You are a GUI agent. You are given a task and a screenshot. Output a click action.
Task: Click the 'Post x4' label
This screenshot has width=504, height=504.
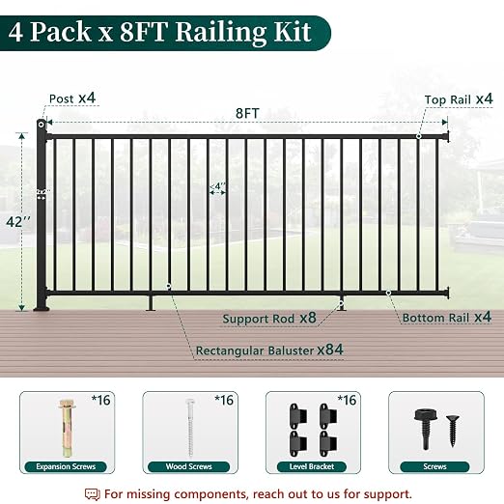coord(72,98)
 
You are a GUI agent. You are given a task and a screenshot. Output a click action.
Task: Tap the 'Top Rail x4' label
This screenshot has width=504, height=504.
coord(459,99)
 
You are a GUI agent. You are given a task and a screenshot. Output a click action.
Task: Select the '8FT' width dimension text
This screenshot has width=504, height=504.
coord(247,113)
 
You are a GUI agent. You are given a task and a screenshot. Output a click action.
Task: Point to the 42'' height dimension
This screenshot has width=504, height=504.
coord(18,222)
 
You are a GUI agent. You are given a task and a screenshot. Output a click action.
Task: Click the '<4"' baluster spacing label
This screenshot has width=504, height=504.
coord(217,186)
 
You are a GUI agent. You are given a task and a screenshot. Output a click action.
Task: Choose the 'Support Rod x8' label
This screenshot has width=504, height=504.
coord(269,319)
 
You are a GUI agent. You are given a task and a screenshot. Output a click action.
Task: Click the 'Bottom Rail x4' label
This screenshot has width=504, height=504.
coord(447,318)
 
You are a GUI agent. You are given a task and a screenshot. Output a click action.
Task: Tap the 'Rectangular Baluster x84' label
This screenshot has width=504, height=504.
coord(269,350)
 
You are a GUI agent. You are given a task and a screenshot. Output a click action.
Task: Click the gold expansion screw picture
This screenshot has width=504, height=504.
coord(68,428)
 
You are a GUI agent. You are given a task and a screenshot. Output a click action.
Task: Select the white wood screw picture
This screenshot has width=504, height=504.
coord(190,427)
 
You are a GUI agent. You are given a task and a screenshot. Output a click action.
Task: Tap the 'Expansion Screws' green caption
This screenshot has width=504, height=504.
coord(66,466)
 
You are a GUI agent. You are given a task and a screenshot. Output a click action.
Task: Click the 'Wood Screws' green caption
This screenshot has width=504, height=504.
coord(188,466)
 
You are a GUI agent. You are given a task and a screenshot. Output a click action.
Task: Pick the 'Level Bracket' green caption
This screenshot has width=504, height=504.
coord(312,466)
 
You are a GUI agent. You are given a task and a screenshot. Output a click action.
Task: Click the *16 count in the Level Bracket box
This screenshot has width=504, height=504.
coord(347,400)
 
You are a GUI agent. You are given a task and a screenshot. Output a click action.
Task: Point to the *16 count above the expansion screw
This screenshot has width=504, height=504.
coord(101,400)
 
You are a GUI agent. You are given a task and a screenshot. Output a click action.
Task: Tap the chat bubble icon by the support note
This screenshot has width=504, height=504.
coord(93,494)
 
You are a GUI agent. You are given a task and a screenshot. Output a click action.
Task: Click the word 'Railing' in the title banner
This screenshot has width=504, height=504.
coord(221,32)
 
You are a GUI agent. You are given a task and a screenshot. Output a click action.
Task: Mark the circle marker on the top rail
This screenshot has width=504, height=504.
coord(419,136)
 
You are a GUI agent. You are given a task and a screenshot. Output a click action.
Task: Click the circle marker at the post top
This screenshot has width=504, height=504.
coord(42,125)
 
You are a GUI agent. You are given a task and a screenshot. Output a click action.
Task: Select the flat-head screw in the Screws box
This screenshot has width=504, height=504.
coord(453,431)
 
